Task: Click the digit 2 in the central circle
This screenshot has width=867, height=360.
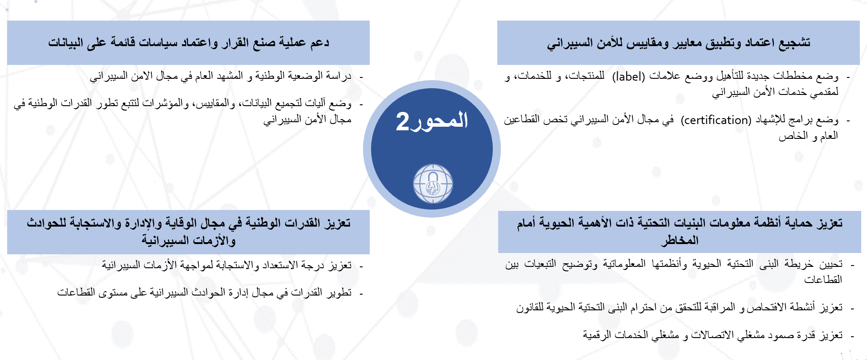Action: (402, 121)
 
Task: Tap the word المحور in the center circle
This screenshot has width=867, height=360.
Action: (439, 120)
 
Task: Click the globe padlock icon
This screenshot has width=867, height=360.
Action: (433, 184)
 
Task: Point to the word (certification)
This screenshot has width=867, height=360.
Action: (716, 120)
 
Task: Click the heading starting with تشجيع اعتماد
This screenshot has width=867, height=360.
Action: (679, 43)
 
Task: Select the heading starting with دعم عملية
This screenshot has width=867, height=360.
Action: (188, 43)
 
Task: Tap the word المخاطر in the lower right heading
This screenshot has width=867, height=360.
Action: (679, 240)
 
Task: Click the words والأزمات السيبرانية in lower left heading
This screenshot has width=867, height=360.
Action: (188, 240)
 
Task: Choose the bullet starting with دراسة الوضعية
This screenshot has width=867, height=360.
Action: (221, 76)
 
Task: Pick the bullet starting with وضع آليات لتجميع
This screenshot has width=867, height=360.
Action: (183, 111)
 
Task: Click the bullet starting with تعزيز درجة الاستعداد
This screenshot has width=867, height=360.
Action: (226, 266)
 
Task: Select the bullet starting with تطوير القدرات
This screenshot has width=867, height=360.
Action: (204, 292)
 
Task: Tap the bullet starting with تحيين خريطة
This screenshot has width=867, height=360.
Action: (674, 272)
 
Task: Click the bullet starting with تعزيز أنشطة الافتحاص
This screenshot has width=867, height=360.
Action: (679, 307)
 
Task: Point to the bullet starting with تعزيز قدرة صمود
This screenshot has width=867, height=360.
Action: (713, 335)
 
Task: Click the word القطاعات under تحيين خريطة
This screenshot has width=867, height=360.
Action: (823, 279)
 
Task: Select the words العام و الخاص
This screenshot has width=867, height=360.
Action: (808, 136)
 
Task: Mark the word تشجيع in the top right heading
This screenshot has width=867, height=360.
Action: (794, 43)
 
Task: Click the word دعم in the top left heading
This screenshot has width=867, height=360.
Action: (320, 43)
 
